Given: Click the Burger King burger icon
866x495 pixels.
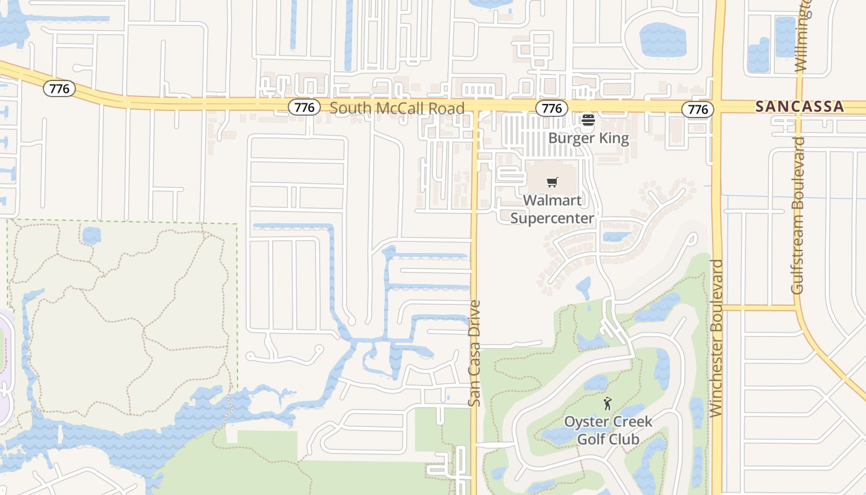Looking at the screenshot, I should point(588,119).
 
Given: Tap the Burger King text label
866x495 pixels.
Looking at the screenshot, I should point(588,138).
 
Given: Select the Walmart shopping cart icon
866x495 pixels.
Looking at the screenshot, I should point(552,182).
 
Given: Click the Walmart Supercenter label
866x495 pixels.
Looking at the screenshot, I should point(552,209).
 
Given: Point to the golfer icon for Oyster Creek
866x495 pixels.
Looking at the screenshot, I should point(607,404).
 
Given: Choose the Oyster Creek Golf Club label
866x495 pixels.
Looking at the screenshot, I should point(607,430).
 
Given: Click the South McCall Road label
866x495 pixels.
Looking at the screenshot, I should point(397,108).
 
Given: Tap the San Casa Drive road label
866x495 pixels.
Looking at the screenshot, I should point(474,353).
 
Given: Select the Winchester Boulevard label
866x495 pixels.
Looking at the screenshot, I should point(717,338).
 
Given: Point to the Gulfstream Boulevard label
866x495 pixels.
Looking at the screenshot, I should point(799,215).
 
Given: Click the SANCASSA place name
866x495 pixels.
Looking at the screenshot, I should point(800,106).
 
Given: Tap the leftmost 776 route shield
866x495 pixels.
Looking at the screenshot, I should point(59,88).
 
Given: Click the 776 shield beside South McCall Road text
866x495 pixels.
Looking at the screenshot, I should point(304,108).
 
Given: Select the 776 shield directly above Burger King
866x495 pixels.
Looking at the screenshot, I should point(551,109).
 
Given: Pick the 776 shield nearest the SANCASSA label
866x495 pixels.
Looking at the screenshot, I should point(698,110).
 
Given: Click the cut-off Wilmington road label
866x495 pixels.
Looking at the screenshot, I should point(803,34).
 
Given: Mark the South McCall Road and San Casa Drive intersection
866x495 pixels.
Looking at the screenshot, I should point(475,108).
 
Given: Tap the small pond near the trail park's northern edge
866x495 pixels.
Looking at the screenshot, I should point(92,235).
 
